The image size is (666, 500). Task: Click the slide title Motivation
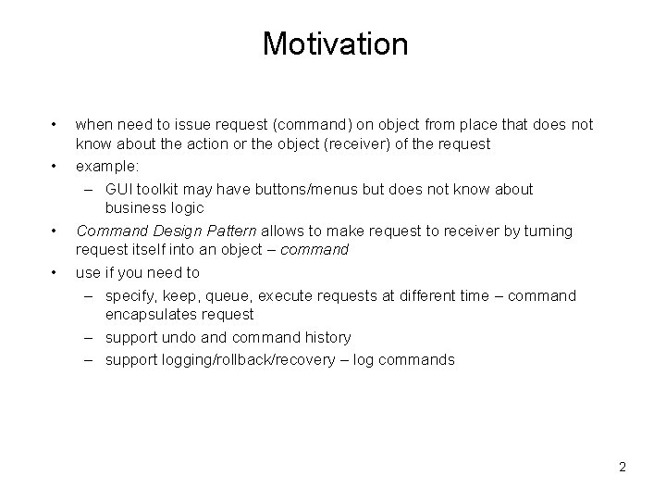click(334, 44)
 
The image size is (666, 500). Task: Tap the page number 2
click(623, 467)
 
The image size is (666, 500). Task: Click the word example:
click(108, 167)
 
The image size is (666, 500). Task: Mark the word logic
click(185, 208)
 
